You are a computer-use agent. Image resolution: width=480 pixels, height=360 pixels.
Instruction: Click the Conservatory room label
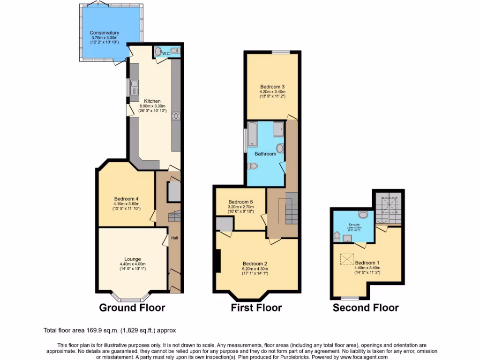point(105,33)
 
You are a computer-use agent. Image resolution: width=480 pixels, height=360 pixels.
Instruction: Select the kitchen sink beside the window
point(134,87)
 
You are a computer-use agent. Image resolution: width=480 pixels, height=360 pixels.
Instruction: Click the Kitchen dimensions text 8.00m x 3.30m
point(152,106)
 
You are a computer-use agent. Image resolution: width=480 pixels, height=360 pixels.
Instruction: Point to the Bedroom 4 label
point(126,198)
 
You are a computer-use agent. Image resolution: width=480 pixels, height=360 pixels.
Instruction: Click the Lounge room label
point(133,258)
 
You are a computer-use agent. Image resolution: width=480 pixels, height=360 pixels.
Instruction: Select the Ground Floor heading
point(132,308)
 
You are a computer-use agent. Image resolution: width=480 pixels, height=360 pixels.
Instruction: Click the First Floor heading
point(256,308)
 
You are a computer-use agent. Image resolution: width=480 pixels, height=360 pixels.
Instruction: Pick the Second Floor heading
point(366,308)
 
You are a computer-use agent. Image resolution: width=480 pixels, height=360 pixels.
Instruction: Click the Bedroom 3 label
point(272,86)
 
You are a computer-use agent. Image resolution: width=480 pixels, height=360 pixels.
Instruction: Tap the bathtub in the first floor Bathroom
point(252,134)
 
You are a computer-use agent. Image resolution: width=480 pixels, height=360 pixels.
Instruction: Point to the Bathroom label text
point(265,154)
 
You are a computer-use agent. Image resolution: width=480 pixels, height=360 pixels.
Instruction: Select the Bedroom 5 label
point(241,202)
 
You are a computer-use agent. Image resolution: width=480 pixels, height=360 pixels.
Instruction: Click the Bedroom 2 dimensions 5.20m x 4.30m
point(256,269)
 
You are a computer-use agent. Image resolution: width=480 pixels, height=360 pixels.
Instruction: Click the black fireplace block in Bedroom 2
point(217,261)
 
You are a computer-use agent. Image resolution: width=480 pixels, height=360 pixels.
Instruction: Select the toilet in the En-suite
point(337,236)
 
